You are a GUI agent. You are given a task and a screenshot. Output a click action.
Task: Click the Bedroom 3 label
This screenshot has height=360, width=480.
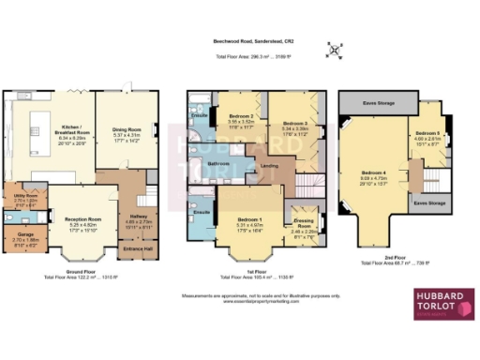[x=293, y=123]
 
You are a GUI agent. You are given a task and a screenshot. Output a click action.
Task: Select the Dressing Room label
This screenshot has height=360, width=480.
[x=303, y=223]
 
